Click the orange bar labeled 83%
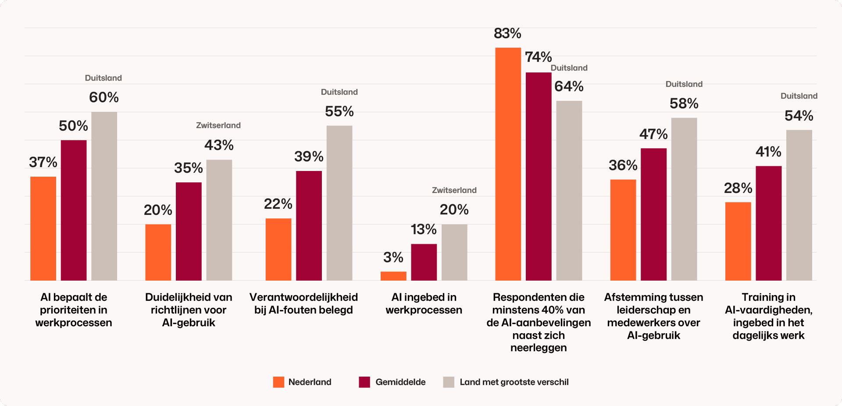[508, 164]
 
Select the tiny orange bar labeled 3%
[393, 276]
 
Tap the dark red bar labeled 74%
[539, 176]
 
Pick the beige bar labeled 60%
[104, 196]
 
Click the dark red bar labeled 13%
[424, 262]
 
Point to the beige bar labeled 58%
[684, 199]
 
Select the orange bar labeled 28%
[738, 241]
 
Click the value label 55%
[339, 111]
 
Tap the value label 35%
[189, 168]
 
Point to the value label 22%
[278, 204]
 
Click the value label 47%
[653, 134]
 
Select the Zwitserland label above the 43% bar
[218, 125]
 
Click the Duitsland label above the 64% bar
[569, 68]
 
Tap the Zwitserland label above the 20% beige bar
[454, 190]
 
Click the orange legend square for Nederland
[278, 382]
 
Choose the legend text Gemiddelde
[400, 382]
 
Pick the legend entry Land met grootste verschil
[506, 382]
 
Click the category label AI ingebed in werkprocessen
[424, 303]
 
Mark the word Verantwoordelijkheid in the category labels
[303, 297]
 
